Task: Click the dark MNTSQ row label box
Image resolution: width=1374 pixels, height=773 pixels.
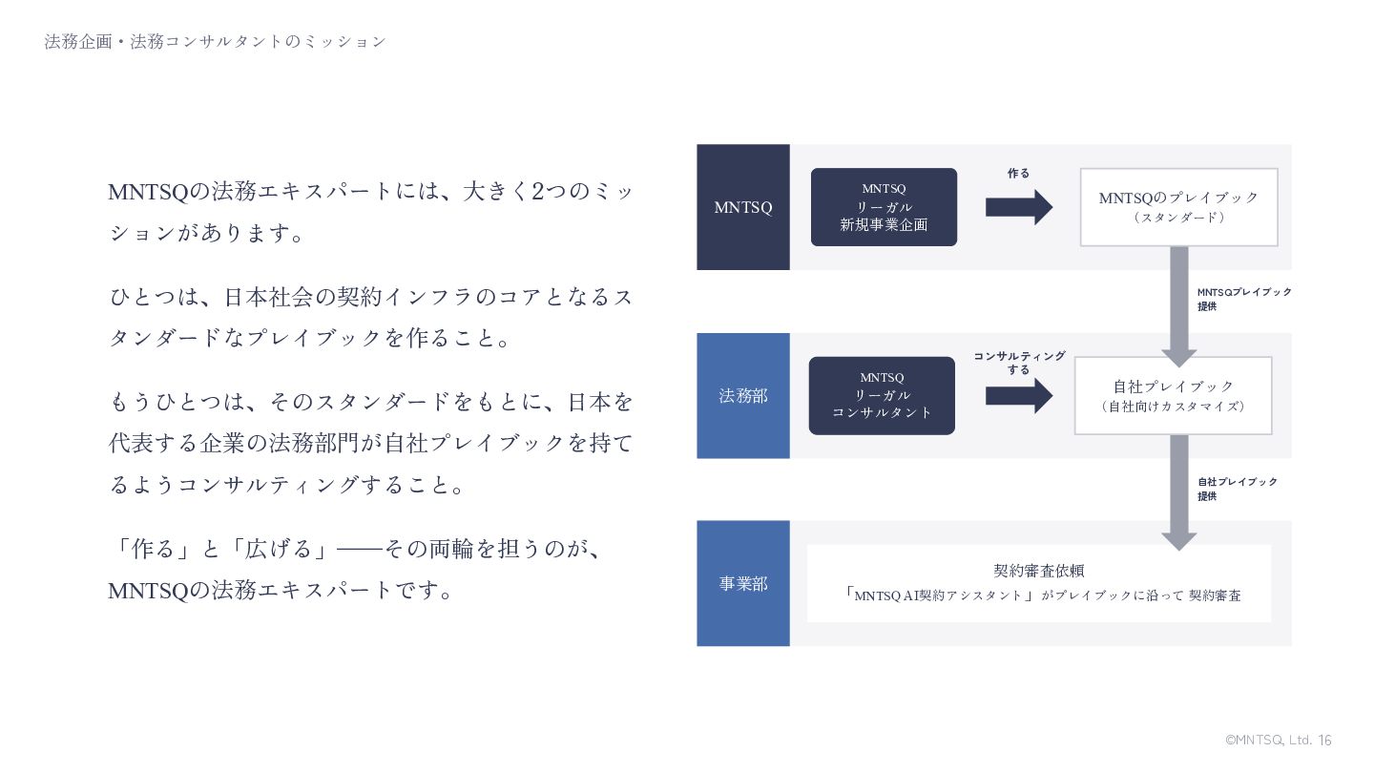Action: point(742,207)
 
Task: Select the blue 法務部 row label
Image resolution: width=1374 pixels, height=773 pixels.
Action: point(742,395)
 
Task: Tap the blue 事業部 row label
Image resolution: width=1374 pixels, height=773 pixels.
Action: point(742,583)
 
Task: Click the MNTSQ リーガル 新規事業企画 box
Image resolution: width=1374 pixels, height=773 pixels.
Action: point(884,207)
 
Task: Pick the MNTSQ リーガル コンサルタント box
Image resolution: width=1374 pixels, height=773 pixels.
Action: point(882,395)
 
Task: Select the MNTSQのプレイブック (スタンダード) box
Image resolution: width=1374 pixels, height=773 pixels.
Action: point(1178,207)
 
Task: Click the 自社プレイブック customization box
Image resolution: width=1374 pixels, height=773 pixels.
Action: point(1173,395)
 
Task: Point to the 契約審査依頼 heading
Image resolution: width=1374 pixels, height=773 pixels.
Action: point(1039,571)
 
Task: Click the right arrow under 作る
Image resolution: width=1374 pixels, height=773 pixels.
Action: point(1018,207)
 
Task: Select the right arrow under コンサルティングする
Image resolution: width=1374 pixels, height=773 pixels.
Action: point(1018,395)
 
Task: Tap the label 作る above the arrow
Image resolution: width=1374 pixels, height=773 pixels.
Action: point(1018,174)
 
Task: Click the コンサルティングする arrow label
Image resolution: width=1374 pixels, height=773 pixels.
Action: point(1019,363)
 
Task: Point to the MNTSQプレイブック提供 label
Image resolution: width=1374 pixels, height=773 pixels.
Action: point(1244,299)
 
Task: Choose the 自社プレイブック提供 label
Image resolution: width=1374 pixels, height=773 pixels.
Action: point(1238,489)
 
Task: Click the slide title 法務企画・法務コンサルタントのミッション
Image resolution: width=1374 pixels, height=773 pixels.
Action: point(216,42)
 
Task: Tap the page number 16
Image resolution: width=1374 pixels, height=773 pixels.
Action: point(1324,741)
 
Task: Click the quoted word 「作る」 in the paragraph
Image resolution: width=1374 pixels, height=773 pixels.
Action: point(153,549)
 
